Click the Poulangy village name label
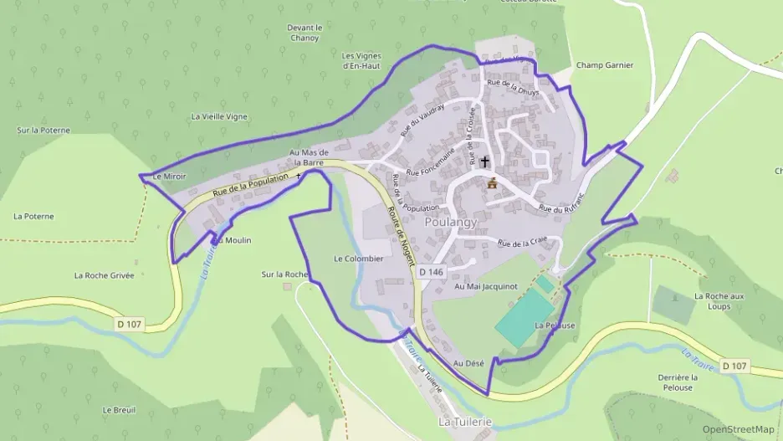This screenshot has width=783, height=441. [450, 223]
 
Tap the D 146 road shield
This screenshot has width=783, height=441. [431, 272]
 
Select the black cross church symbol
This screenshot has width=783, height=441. [485, 161]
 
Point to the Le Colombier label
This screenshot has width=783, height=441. [358, 259]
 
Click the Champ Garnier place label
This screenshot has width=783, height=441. [605, 65]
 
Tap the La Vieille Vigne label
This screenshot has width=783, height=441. [219, 116]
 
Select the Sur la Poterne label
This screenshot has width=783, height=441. [43, 131]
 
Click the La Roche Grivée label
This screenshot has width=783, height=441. [104, 274]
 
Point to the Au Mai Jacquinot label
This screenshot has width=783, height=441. [486, 286]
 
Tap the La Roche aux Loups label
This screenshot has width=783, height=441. [719, 301]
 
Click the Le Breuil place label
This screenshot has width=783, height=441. [119, 410]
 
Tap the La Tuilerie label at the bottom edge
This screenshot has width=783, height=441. [465, 423]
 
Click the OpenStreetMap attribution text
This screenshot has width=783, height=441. [738, 429]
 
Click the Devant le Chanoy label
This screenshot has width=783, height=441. [304, 32]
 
